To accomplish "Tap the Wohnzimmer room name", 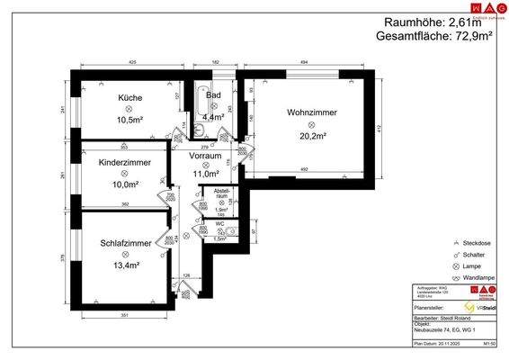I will (x=312, y=112).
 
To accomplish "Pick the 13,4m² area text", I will (x=125, y=265).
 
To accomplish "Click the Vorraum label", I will (x=205, y=156).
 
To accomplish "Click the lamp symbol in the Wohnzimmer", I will (x=312, y=125).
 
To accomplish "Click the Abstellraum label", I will (x=221, y=193).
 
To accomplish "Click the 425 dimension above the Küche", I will (x=131, y=62).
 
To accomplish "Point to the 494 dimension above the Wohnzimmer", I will (x=303, y=62).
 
